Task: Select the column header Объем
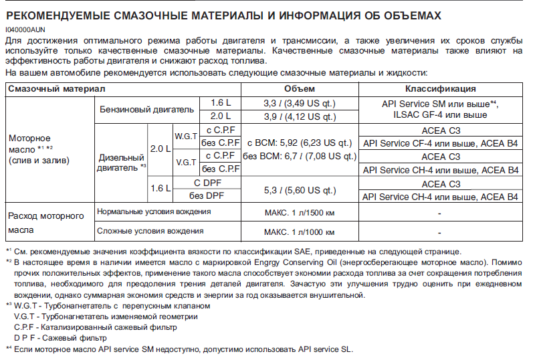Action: point(299,88)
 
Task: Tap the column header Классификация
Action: point(440,88)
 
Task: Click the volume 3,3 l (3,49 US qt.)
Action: point(299,103)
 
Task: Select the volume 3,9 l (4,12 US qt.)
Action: point(299,116)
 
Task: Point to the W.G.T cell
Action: point(186,135)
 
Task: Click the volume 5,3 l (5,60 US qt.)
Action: point(299,189)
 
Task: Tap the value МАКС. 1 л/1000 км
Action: point(299,232)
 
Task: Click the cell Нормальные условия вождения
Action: point(154,212)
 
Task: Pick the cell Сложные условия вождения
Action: point(150,231)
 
